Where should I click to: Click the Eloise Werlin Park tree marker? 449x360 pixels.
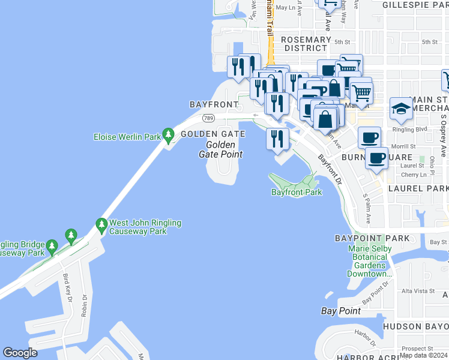click(x=168, y=136)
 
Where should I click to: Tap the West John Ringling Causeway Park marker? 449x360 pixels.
click(x=101, y=226)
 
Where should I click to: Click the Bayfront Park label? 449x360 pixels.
click(x=297, y=192)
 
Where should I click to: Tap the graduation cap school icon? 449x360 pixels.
click(x=401, y=109)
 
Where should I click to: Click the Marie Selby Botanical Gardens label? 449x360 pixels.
click(x=369, y=261)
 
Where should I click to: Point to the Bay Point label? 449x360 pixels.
click(x=341, y=311)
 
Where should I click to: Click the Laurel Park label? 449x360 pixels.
click(x=418, y=188)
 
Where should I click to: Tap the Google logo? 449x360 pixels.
click(x=20, y=353)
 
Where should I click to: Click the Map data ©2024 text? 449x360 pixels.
click(x=423, y=355)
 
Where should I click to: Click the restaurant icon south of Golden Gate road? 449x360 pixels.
click(x=277, y=139)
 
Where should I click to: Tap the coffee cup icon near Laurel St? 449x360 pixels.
click(x=376, y=158)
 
